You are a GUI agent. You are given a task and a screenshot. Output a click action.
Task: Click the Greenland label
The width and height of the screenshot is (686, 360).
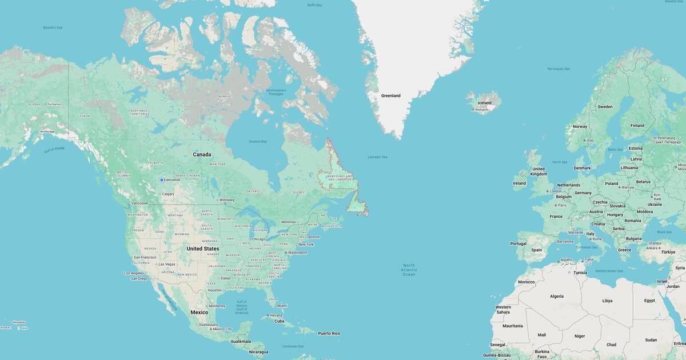point(390,95)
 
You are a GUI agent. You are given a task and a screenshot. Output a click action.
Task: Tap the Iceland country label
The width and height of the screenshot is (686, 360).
point(484,103)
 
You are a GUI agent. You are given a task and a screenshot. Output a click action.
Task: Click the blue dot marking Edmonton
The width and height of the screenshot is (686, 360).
point(161,180)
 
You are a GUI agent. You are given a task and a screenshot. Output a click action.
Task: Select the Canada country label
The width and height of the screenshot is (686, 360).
point(202,154)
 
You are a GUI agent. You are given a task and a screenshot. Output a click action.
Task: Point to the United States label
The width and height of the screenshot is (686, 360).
point(202,249)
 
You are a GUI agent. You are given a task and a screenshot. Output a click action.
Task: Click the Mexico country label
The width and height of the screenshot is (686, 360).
point(199,312)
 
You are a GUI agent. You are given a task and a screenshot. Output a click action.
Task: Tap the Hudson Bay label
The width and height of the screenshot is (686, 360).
point(258,141)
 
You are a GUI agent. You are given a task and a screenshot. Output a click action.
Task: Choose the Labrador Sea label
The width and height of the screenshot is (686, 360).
point(377,157)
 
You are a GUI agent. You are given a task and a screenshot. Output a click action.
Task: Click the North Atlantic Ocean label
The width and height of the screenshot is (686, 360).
point(409,270)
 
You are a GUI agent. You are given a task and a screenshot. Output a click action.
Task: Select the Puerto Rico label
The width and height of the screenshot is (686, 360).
point(329,333)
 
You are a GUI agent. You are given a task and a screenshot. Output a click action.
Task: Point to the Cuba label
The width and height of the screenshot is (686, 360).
point(279,321)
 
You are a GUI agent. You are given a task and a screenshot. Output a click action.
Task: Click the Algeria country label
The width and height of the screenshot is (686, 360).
point(556,296)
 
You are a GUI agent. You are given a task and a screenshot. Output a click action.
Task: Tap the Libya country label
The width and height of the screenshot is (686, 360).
point(607,301)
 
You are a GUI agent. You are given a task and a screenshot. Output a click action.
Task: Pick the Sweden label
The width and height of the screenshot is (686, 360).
point(605,107)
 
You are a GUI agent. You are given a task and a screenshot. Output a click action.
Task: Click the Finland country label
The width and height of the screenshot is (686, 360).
point(637,125)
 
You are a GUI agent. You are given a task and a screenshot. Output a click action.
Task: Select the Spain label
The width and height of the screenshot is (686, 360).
point(536,250)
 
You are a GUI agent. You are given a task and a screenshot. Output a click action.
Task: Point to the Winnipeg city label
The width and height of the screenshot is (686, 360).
point(226,200)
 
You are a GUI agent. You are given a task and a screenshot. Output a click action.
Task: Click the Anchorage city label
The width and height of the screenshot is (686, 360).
point(47,131)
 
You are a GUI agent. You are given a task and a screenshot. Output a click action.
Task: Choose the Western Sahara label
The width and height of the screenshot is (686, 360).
point(502,310)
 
